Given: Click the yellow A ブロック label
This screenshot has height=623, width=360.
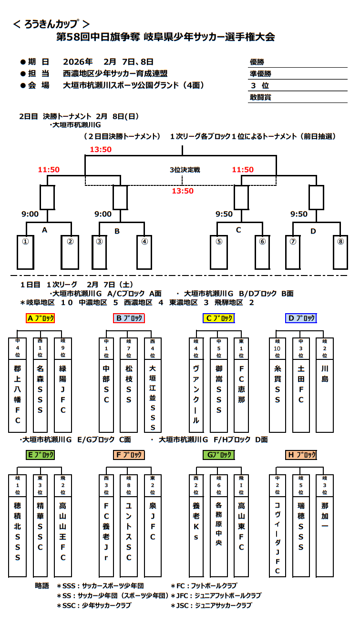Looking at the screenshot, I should (x=41, y=318).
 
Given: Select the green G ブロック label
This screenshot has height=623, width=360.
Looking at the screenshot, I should (x=218, y=455).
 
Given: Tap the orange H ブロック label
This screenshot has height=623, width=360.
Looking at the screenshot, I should (x=301, y=455).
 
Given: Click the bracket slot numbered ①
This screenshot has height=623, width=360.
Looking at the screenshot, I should (x=25, y=252).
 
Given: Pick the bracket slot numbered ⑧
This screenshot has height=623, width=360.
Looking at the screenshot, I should (x=340, y=252).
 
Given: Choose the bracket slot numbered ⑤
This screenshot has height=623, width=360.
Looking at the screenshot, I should (x=219, y=252).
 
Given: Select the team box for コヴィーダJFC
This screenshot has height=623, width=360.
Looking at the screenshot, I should (x=277, y=529).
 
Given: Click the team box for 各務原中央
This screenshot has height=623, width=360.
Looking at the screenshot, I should (x=219, y=529).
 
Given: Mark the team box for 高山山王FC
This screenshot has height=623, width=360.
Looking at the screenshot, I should (x=62, y=529).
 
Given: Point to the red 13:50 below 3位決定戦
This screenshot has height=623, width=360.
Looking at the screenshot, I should (x=183, y=191).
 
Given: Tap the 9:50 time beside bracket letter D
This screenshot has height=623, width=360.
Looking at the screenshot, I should (x=299, y=214).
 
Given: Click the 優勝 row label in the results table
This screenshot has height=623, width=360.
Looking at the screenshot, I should (x=257, y=62).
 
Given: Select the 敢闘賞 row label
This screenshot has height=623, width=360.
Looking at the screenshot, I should (x=260, y=97).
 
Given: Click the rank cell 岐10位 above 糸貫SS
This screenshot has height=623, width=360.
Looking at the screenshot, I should (x=277, y=348).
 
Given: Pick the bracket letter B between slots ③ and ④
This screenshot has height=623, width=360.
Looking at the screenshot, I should (x=117, y=231).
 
